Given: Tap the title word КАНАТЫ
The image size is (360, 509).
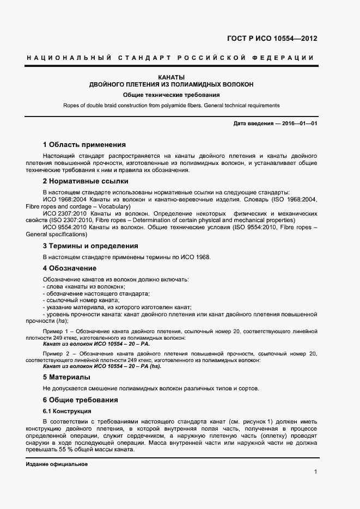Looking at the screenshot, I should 172,77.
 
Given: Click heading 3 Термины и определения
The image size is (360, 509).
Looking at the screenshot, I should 90,246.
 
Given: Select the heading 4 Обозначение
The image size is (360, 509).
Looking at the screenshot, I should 69,268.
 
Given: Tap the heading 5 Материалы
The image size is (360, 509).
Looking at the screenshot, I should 66,377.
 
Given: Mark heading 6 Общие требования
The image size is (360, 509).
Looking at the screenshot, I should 80,400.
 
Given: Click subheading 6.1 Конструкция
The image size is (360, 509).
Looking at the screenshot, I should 66,411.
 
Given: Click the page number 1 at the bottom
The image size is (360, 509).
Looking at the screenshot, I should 315,471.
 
